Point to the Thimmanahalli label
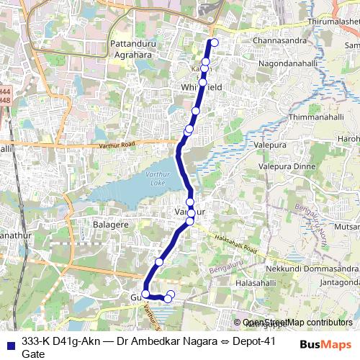[x=312, y=116]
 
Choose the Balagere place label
[x=111, y=224]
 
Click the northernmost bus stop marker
[x=214, y=42]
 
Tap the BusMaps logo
[x=325, y=344]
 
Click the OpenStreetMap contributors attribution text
[x=297, y=323]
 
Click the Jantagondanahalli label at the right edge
[x=339, y=282]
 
